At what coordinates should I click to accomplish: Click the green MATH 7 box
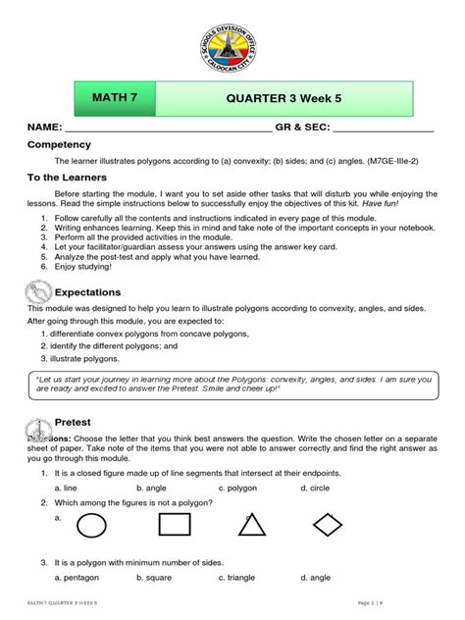click(116, 100)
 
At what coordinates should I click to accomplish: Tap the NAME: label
click(44, 129)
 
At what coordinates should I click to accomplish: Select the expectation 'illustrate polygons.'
click(93, 360)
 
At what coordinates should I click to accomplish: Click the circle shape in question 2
click(91, 527)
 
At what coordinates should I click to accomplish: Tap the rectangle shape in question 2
click(175, 527)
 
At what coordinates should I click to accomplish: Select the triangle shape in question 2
click(251, 526)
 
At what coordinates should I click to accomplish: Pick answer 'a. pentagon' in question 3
click(80, 578)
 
